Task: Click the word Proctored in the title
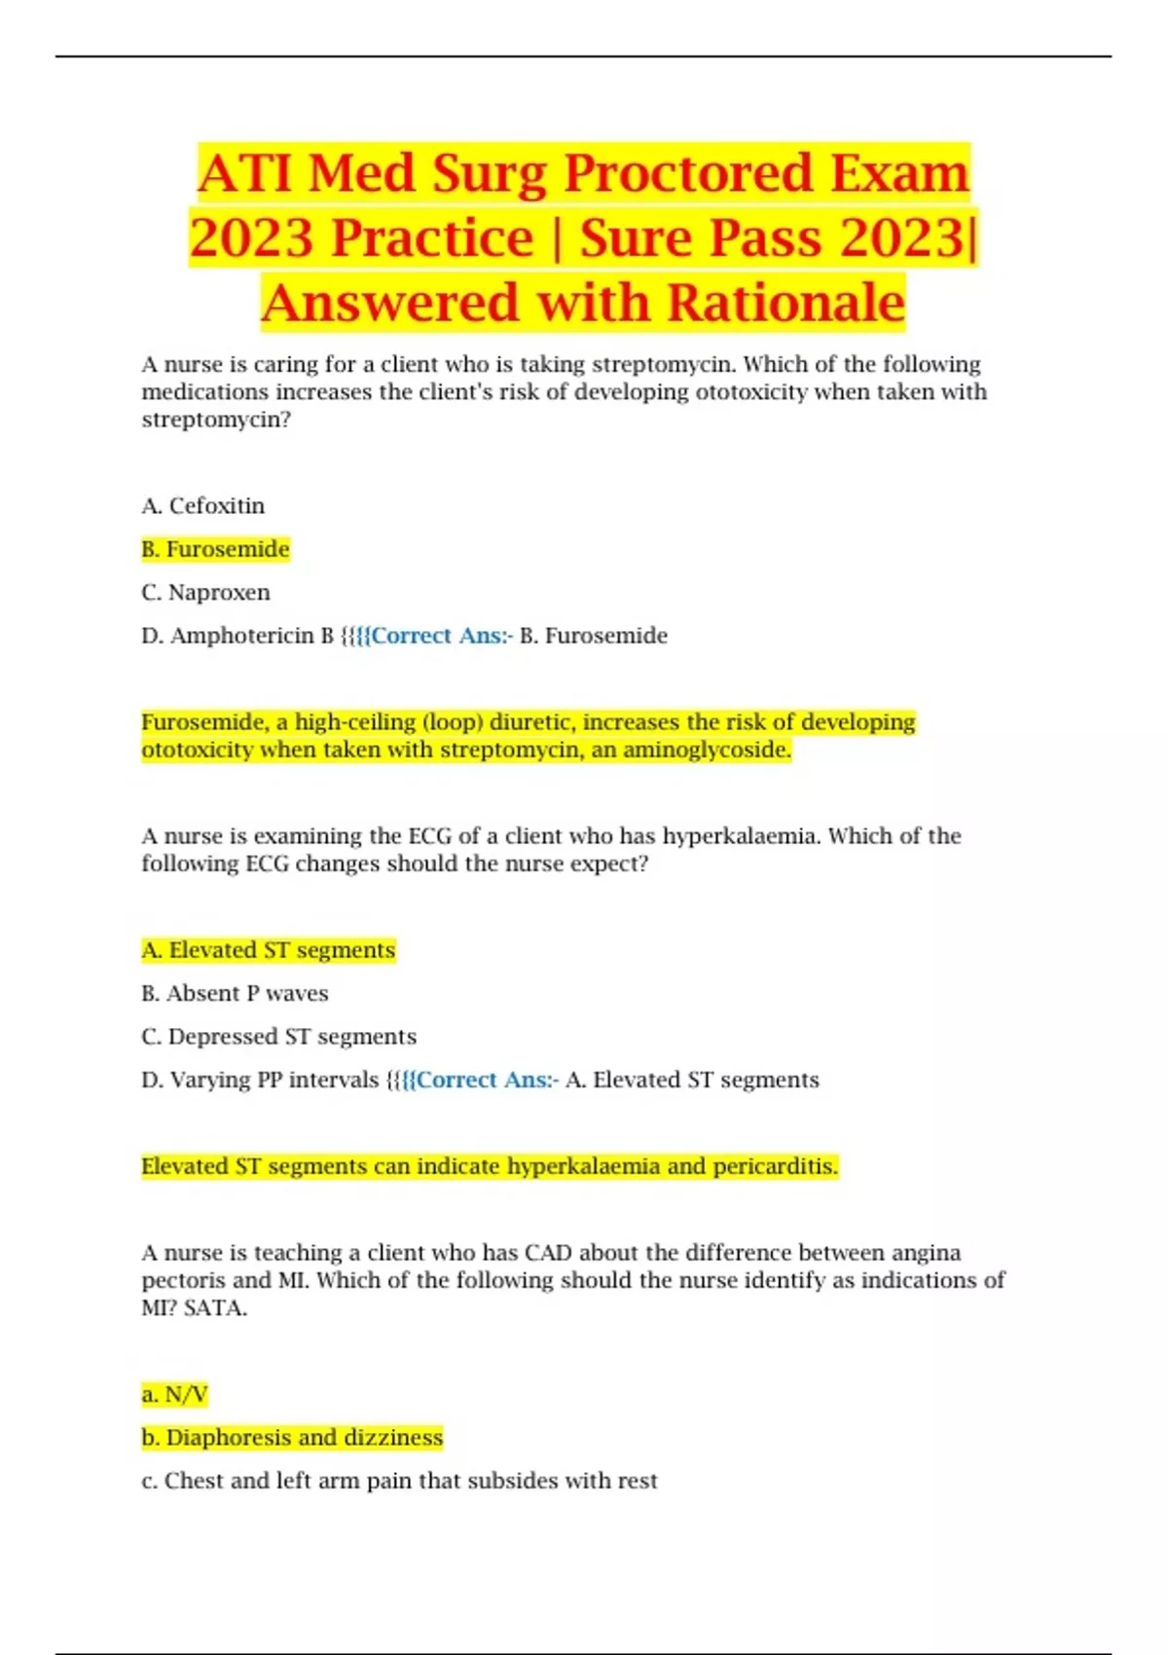click(687, 173)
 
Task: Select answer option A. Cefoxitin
click(202, 506)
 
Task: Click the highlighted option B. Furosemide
click(215, 549)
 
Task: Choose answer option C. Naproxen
click(205, 593)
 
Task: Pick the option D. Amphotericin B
click(237, 636)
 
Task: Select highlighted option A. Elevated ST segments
click(268, 950)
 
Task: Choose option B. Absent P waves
click(235, 994)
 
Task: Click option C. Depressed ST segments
click(278, 1037)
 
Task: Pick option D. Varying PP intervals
click(260, 1081)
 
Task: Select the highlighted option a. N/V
click(174, 1395)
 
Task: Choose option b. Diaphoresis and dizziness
click(292, 1438)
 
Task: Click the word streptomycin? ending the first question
click(216, 421)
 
